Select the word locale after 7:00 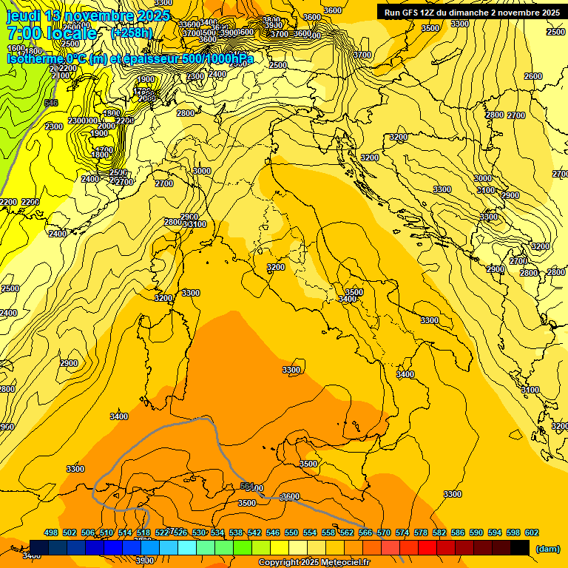(x=72, y=33)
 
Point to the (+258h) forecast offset (x=132, y=33)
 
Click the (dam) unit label (x=547, y=549)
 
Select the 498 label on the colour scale (x=51, y=532)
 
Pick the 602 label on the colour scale (x=532, y=532)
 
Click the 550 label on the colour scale (x=291, y=532)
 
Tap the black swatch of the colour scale (x=520, y=548)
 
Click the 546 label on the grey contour (x=51, y=103)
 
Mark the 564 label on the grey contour (x=247, y=486)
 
